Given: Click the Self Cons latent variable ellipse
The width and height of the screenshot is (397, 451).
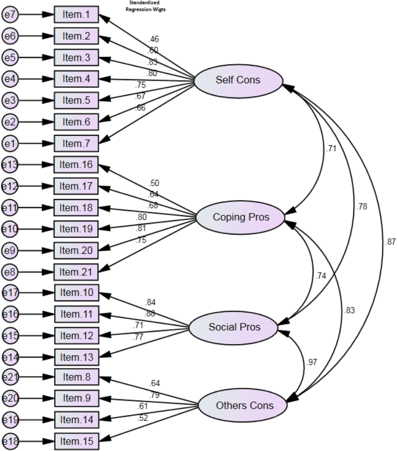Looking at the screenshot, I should [238, 80].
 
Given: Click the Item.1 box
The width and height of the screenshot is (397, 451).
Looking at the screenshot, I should [76, 15].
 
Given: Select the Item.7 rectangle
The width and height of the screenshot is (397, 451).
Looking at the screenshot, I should [76, 143].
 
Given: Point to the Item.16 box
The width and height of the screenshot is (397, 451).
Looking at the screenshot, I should [76, 165].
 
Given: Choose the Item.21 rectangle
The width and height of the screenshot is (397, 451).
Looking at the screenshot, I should [76, 272].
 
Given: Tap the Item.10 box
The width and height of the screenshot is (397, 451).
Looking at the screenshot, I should [76, 293].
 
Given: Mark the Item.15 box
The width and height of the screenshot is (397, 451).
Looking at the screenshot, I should [76, 441].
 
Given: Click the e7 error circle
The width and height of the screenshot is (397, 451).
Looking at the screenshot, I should [10, 15].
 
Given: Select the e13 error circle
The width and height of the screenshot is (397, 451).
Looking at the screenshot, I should [10, 165].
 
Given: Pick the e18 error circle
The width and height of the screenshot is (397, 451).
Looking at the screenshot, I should [10, 441].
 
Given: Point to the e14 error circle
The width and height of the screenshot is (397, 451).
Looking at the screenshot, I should [10, 357].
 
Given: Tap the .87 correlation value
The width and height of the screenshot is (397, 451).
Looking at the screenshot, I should [390, 242].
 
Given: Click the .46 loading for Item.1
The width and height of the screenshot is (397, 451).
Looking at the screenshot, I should [154, 39].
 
